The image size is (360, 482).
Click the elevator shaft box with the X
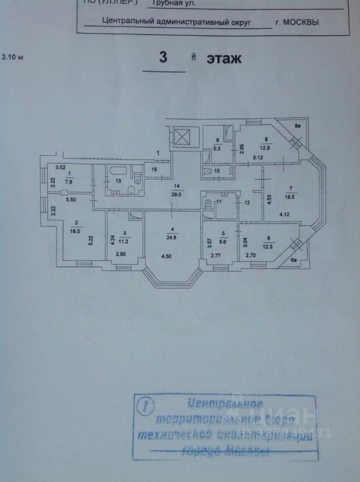181,136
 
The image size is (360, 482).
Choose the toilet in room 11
208,203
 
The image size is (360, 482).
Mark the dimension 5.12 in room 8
259,158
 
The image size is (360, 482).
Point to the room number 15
154,170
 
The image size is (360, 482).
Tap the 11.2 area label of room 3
126,240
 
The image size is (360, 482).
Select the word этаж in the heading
224,59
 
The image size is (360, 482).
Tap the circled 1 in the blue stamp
146,406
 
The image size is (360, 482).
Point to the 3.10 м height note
13,57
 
